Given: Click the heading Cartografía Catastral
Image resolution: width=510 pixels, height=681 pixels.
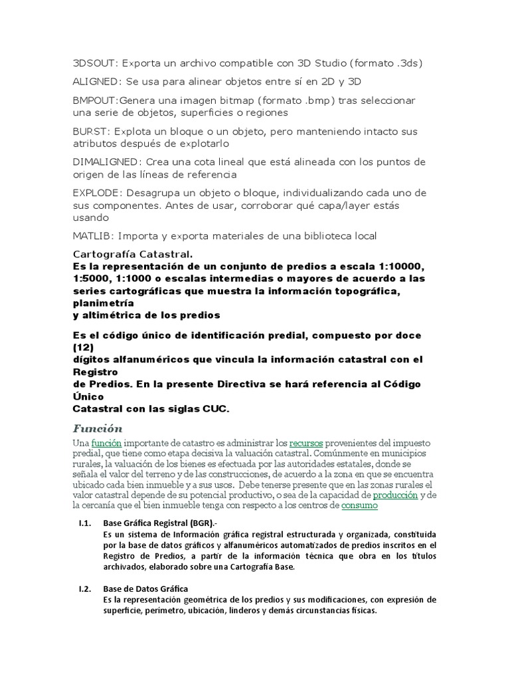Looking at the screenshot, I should click(x=133, y=253).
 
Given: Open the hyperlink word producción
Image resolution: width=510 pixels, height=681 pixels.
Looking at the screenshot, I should click(x=395, y=495).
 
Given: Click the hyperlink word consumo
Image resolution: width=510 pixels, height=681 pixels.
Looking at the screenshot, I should click(x=359, y=505).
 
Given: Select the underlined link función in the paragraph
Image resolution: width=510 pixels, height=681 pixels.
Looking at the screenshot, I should click(x=106, y=442).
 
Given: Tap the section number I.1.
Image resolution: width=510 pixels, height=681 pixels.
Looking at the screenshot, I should click(x=84, y=524).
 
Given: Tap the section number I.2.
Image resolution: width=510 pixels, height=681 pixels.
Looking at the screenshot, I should click(x=84, y=589).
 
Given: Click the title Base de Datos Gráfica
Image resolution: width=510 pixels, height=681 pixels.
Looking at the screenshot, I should click(x=146, y=589).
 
